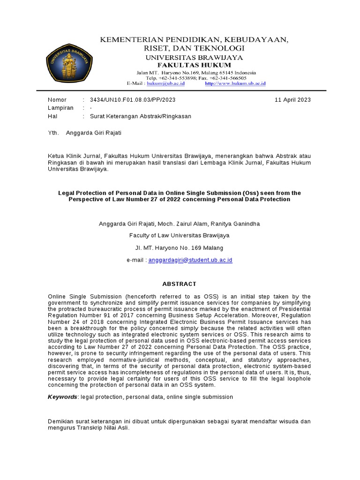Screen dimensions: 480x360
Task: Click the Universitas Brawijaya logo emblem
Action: click(x=69, y=63)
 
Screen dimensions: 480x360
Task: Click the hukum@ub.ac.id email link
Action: click(x=165, y=83)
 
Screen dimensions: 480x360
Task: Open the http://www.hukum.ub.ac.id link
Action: click(x=235, y=83)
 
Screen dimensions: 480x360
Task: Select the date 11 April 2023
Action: click(x=292, y=100)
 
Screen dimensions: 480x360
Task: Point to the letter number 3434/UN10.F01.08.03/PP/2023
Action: click(x=133, y=100)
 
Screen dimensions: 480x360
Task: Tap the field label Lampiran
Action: click(x=61, y=108)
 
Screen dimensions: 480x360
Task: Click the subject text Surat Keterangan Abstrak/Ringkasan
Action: click(x=141, y=116)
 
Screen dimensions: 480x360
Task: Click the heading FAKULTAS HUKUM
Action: click(x=194, y=65)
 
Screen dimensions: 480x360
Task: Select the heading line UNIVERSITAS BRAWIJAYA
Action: click(x=194, y=57)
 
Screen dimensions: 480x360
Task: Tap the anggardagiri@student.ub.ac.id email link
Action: click(x=190, y=260)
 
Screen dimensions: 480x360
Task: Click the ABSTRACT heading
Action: click(x=179, y=284)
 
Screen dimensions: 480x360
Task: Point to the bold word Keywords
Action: click(x=62, y=397)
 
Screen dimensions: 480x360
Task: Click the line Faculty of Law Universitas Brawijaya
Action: click(x=180, y=236)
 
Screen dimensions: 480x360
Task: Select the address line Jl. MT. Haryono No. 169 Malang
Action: click(x=180, y=247)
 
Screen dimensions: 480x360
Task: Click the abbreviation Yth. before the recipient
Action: click(x=53, y=133)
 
